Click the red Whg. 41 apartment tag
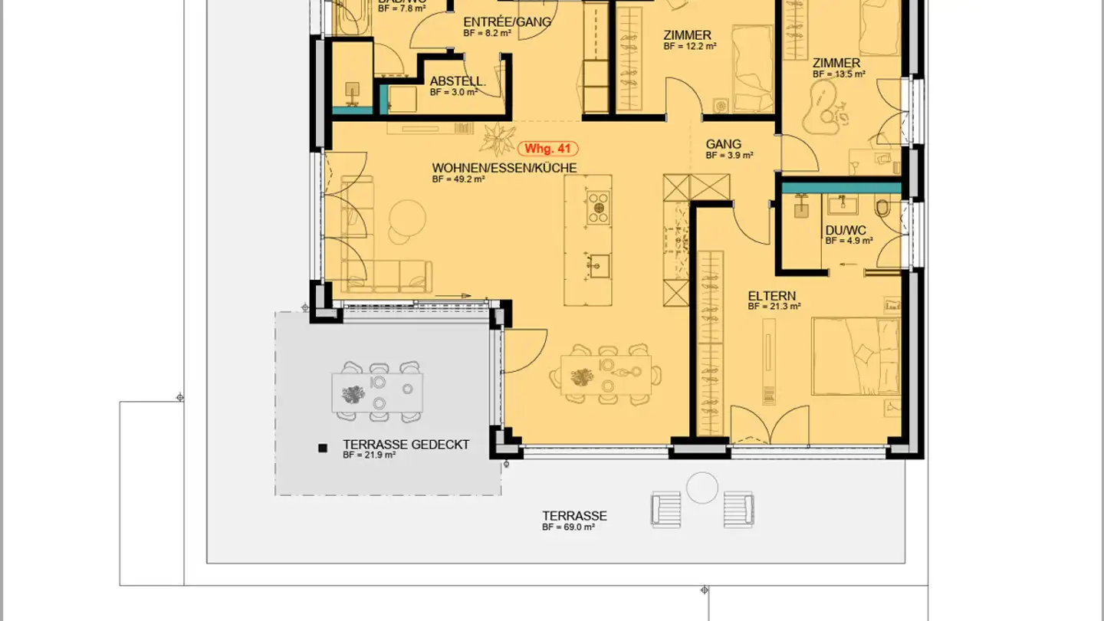tap(548, 149)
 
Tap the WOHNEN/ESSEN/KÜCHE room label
tap(504, 168)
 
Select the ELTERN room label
tap(771, 296)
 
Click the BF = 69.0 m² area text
tap(568, 527)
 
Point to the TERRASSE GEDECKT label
tap(406, 445)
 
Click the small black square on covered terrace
tap(324, 448)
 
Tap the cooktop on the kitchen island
tap(598, 208)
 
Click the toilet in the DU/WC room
tap(883, 209)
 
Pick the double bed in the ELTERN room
tap(855, 357)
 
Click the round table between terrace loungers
tap(701, 488)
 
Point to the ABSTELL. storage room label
tap(457, 81)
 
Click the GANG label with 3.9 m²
tap(723, 144)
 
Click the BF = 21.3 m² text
tap(774, 307)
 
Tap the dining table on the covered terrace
tap(378, 393)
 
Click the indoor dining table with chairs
tap(606, 375)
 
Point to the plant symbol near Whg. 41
tap(498, 139)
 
